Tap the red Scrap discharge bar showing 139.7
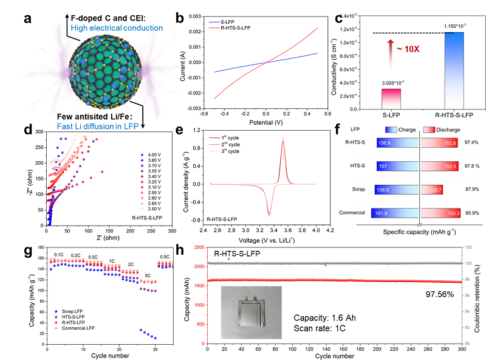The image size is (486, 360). coord(433,190)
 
